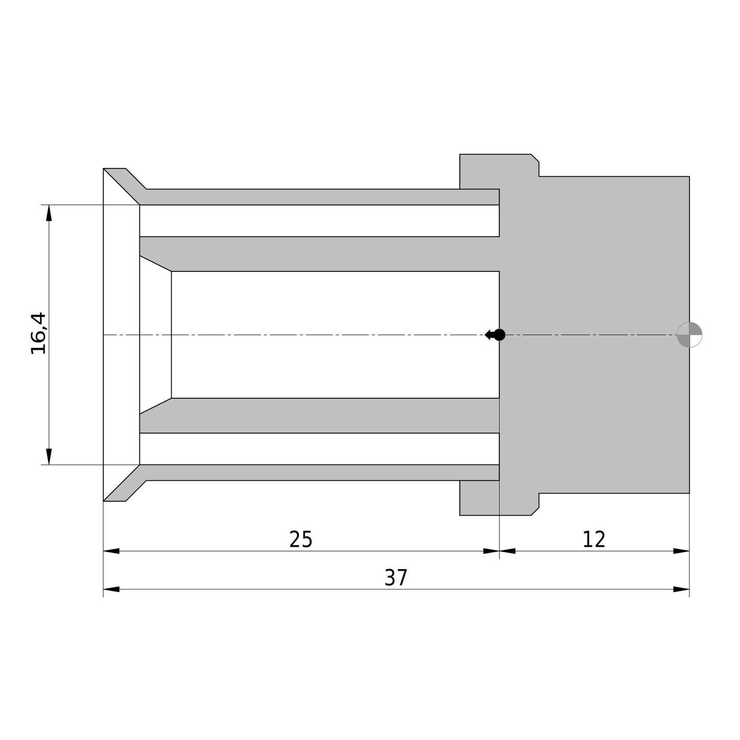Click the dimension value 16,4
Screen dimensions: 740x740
coord(38,333)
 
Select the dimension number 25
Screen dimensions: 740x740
coord(301,540)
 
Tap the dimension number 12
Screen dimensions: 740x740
coord(594,540)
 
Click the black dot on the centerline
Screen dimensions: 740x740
coord(499,335)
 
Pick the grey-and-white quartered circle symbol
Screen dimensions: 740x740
coord(689,335)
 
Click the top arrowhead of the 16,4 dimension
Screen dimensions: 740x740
coord(49,213)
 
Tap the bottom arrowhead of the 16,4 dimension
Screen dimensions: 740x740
coord(49,456)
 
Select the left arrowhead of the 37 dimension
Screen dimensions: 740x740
coord(111,589)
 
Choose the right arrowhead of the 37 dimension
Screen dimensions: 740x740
coord(681,589)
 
